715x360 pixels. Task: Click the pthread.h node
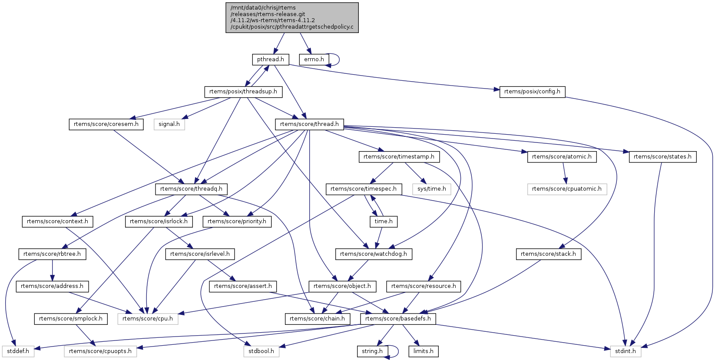pos(270,59)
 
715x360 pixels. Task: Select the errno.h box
pos(314,59)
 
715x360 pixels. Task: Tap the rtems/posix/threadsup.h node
pos(243,92)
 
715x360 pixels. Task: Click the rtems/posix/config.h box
pos(532,92)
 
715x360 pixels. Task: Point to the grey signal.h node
pos(169,124)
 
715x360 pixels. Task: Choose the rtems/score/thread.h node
pos(309,124)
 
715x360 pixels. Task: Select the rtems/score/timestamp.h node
pos(399,157)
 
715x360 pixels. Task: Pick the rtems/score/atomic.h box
pos(561,157)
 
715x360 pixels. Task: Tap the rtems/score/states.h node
pos(662,157)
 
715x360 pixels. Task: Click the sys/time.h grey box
pos(431,189)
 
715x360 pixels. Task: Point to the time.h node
pos(383,221)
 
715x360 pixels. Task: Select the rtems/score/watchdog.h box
pos(373,254)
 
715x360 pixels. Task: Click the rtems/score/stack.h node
pos(548,254)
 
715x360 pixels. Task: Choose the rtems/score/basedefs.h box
pos(398,319)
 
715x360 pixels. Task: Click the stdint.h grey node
pos(625,351)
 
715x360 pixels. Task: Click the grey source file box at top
pos(292,17)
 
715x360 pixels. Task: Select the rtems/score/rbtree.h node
pos(52,254)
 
